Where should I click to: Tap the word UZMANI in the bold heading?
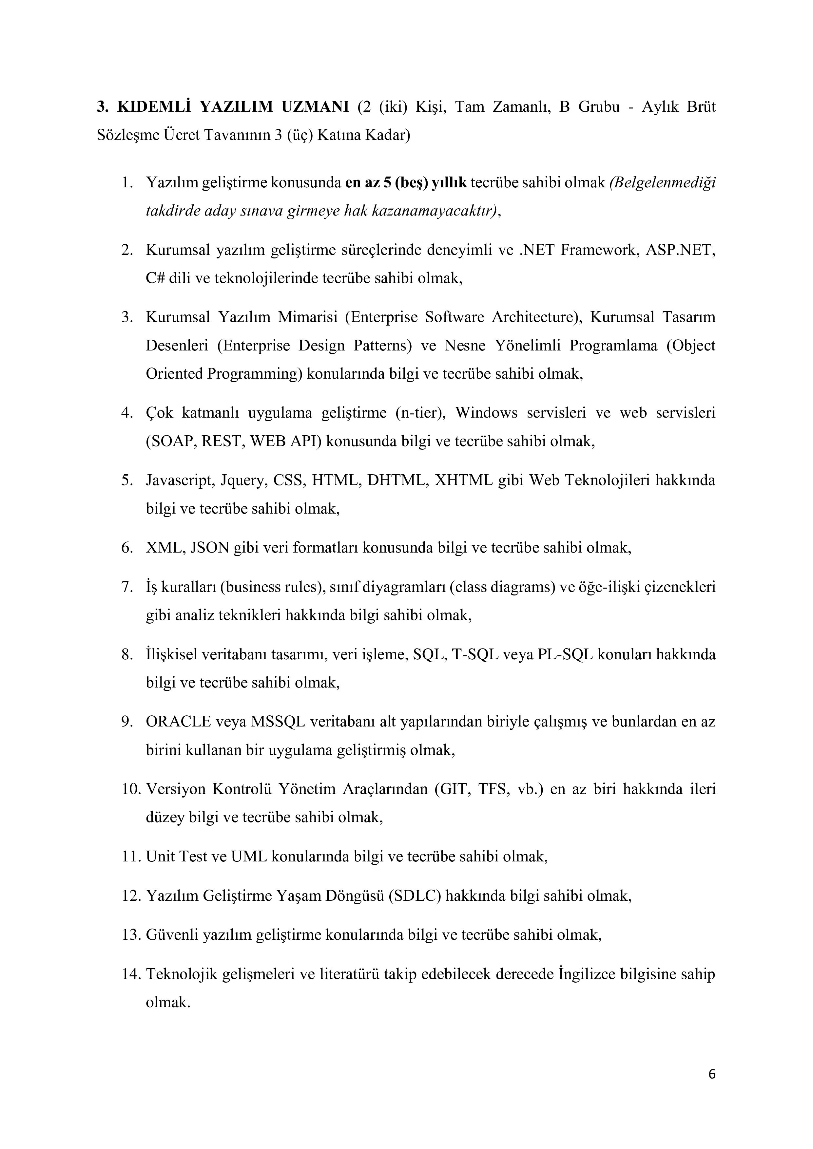click(x=315, y=107)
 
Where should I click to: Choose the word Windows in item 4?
click(x=487, y=413)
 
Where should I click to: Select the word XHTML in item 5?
click(x=463, y=480)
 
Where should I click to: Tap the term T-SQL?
click(x=475, y=654)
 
